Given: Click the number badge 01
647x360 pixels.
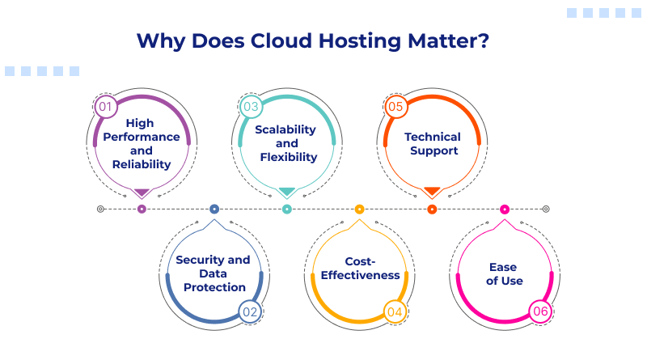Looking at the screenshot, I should pyautogui.click(x=105, y=106).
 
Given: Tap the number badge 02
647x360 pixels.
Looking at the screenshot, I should pyautogui.click(x=250, y=311).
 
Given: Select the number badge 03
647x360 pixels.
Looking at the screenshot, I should pyautogui.click(x=251, y=106).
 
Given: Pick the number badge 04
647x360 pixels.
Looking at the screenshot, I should pyautogui.click(x=395, y=311).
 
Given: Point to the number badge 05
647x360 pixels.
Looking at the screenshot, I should pyautogui.click(x=395, y=106).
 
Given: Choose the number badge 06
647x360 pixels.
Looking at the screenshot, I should pyautogui.click(x=540, y=311).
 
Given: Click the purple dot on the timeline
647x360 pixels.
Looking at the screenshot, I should pyautogui.click(x=142, y=209).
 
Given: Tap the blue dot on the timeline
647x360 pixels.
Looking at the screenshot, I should pyautogui.click(x=214, y=209).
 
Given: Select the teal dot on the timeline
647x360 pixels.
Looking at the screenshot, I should pyautogui.click(x=286, y=209).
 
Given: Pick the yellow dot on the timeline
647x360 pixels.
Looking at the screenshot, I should pyautogui.click(x=359, y=209).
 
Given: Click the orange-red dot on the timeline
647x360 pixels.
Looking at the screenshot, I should pyautogui.click(x=432, y=209).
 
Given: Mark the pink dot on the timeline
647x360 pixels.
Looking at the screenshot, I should pyautogui.click(x=505, y=209).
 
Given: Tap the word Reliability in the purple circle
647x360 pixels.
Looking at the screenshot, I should pyautogui.click(x=142, y=164).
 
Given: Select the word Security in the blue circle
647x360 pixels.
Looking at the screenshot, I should pyautogui.click(x=199, y=260).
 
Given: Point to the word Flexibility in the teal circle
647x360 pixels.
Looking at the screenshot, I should pyautogui.click(x=288, y=157).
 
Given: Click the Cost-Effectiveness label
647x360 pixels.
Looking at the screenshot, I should pyautogui.click(x=361, y=268).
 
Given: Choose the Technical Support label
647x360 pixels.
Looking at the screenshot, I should pyautogui.click(x=433, y=144).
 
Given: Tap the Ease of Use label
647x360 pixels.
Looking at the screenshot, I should pyautogui.click(x=505, y=273).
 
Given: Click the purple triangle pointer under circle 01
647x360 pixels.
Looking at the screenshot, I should pyautogui.click(x=142, y=193).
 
